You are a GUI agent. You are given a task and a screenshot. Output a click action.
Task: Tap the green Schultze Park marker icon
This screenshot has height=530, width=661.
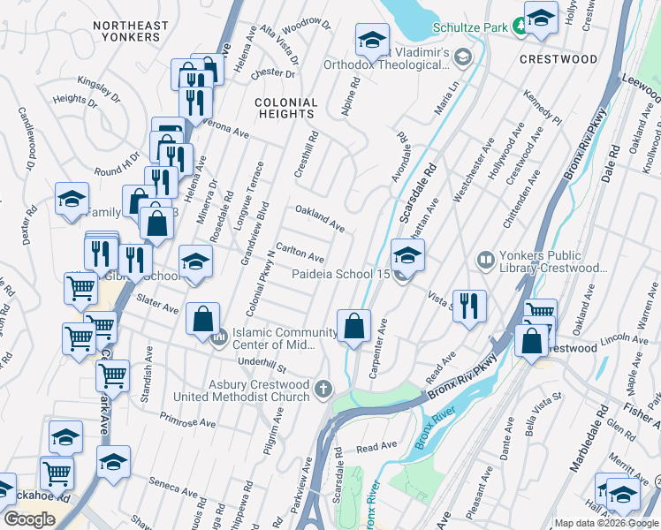click(520, 27)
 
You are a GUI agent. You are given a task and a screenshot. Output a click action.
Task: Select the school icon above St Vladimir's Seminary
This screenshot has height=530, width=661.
click(372, 39)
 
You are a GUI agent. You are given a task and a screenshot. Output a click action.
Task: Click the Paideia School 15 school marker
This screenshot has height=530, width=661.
click(406, 256)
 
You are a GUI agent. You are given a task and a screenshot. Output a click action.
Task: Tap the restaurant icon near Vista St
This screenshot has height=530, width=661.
click(469, 306)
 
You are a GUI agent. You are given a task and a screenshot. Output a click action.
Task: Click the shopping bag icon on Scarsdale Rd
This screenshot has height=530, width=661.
click(353, 325)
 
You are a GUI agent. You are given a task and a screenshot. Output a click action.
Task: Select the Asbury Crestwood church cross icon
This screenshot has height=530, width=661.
click(323, 389)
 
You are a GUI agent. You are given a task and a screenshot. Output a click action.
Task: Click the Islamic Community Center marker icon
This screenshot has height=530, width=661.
click(217, 339)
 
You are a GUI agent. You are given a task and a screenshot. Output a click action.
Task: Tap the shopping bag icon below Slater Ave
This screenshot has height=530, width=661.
click(202, 318)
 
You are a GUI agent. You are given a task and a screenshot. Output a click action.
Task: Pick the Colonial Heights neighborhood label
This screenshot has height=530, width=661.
click(285, 108)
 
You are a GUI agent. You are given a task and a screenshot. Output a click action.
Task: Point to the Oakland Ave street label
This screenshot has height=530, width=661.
click(319, 218)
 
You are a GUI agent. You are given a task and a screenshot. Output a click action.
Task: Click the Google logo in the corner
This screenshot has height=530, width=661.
click(29, 519)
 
